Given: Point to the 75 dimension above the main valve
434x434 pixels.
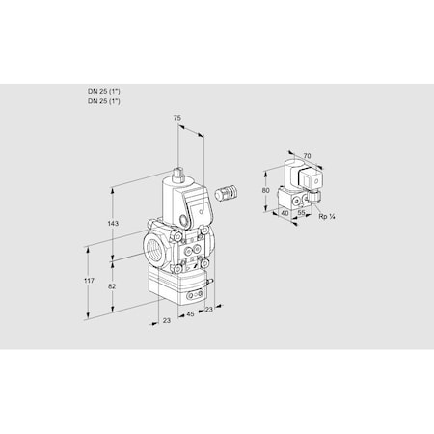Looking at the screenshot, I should tap(176, 118).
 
